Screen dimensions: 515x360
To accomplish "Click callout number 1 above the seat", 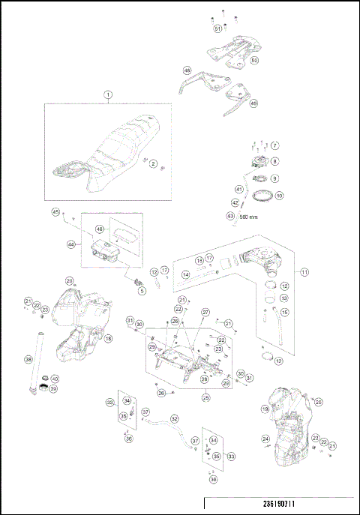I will (x=107, y=95).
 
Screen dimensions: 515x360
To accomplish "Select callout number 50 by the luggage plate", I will (x=254, y=60).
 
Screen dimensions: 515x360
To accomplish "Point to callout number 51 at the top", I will (x=217, y=28).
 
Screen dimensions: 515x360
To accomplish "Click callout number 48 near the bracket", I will (x=187, y=71).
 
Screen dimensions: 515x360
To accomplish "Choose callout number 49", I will (x=253, y=103).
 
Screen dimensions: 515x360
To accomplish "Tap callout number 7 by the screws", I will (x=274, y=145).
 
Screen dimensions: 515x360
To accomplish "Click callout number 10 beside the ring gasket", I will (x=279, y=196).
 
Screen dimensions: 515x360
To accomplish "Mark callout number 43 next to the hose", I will (x=230, y=215).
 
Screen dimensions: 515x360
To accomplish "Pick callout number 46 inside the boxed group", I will (x=99, y=229).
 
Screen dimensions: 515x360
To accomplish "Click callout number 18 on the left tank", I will (x=109, y=339).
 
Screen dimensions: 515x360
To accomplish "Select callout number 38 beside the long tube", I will (x=28, y=360).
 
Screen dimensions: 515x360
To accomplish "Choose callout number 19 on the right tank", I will (x=264, y=409).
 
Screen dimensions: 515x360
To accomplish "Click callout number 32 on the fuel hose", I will (x=174, y=419).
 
